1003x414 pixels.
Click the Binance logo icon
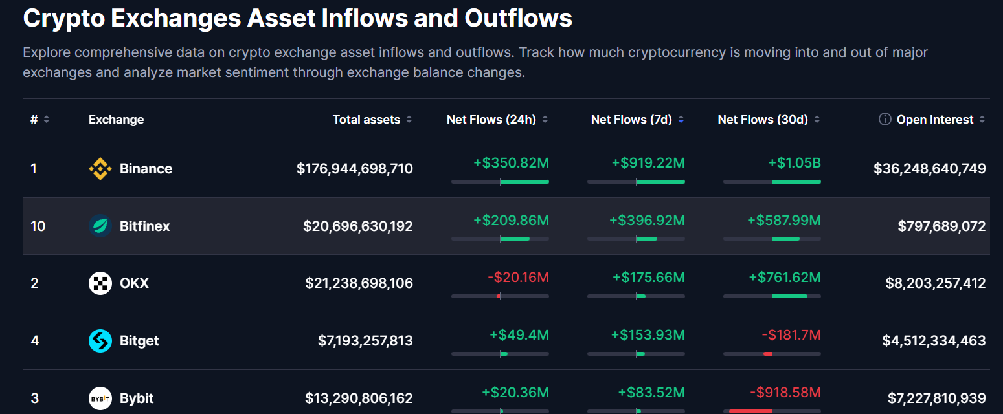point(100,169)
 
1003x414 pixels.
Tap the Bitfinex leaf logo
point(100,226)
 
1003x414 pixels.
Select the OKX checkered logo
point(100,283)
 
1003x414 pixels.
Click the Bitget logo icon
point(100,341)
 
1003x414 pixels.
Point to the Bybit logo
point(100,398)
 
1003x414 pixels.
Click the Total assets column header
point(366,120)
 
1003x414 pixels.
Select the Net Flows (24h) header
point(491,120)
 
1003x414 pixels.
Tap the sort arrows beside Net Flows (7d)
point(681,120)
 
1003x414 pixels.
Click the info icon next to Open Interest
point(885,119)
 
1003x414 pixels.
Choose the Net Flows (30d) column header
point(763,120)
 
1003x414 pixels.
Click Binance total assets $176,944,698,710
point(355,169)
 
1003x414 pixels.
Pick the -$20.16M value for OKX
point(518,278)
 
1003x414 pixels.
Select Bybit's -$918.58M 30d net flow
point(785,393)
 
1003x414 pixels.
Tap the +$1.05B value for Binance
point(795,163)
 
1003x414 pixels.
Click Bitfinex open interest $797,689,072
point(941,226)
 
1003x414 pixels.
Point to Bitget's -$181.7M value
point(791,335)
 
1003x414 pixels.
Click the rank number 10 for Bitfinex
point(38,226)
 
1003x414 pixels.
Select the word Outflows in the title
point(518,18)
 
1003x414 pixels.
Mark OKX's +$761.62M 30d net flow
point(785,278)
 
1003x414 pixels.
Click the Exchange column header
point(117,120)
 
